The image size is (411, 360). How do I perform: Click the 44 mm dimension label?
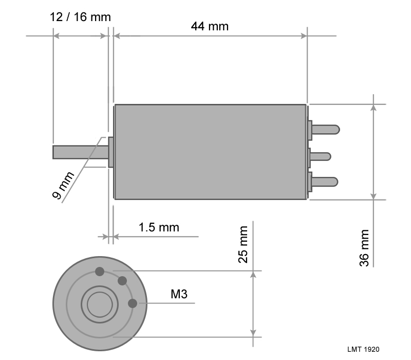point(210,26)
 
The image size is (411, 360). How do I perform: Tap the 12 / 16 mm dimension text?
point(80,17)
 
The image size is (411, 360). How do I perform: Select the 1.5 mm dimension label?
point(159,227)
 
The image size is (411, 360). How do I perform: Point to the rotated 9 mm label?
point(63,186)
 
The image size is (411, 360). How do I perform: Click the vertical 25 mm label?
point(242,244)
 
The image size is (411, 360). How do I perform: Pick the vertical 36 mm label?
point(364,248)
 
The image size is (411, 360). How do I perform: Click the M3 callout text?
point(179,294)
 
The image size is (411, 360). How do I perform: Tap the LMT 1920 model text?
point(363,349)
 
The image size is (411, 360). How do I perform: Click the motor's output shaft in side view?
point(81,152)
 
